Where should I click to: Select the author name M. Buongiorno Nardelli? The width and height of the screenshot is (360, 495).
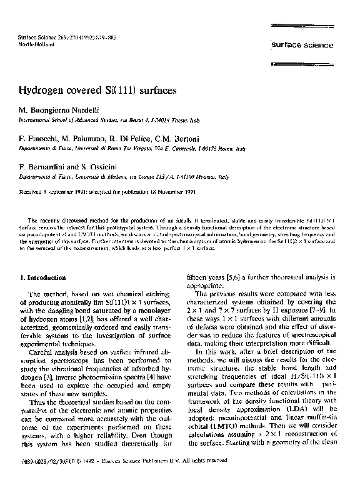66,109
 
